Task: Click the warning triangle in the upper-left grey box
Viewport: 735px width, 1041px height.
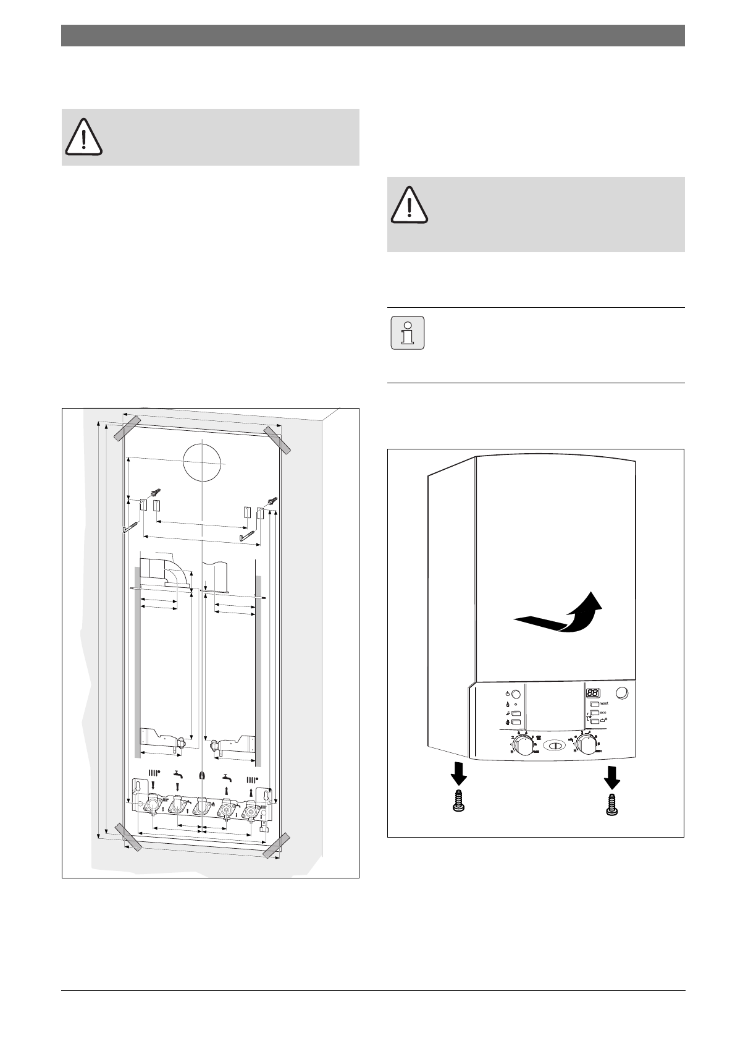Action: [x=83, y=137]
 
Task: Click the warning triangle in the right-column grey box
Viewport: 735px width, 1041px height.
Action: [x=408, y=206]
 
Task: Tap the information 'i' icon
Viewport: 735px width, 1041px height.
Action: [x=408, y=333]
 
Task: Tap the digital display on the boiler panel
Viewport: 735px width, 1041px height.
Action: [x=594, y=693]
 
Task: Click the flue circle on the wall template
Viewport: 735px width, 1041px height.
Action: [x=203, y=461]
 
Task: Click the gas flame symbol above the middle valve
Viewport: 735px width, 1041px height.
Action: [x=202, y=776]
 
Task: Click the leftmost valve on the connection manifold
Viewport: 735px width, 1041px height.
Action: [x=151, y=807]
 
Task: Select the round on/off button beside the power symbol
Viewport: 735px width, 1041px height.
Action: [x=517, y=694]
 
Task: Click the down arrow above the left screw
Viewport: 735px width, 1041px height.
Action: [x=459, y=773]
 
